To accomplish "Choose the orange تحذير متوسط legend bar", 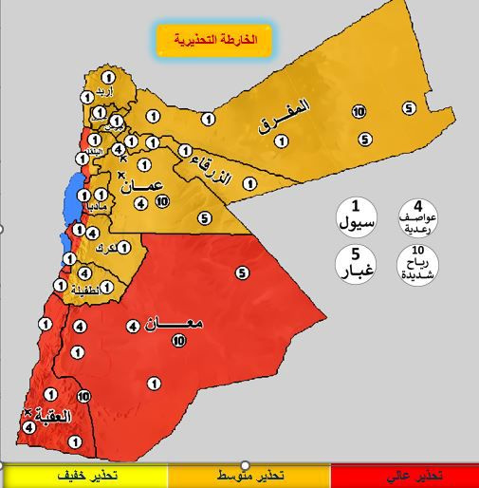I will pyautogui.click(x=249, y=474).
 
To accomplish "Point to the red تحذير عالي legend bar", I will pyautogui.click(x=406, y=474).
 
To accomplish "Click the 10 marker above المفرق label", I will pyautogui.click(x=359, y=112).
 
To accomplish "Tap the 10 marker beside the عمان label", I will pyautogui.click(x=162, y=201).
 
